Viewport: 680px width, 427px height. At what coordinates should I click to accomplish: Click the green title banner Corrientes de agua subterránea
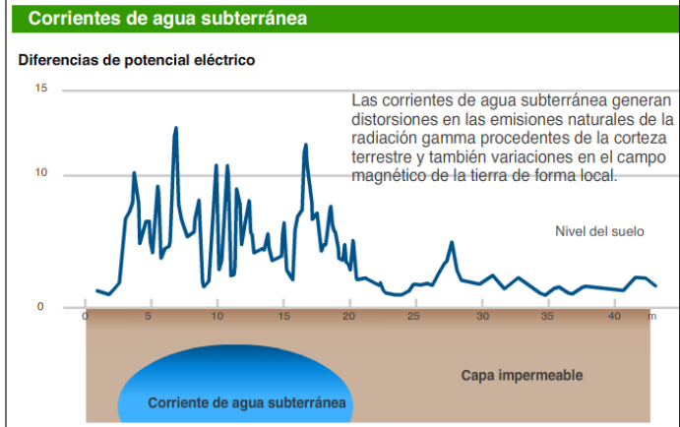[x=167, y=18]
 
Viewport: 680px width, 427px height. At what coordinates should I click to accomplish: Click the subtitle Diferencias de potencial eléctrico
[x=137, y=61]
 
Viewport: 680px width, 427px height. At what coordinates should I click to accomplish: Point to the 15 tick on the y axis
[x=41, y=89]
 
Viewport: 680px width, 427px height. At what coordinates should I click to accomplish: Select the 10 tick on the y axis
[x=41, y=174]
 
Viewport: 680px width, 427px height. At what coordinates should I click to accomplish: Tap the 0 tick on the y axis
[x=41, y=307]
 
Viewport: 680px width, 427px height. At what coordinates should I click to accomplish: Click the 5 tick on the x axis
[x=149, y=317]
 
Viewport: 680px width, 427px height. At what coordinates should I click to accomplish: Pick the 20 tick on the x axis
[x=349, y=317]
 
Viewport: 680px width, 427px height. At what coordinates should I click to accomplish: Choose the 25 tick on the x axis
[x=414, y=317]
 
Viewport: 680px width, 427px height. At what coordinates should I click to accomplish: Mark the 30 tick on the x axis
[x=482, y=317]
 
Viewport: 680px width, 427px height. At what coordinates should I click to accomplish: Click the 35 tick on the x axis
[x=548, y=317]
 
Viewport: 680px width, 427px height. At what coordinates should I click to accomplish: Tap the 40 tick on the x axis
[x=614, y=317]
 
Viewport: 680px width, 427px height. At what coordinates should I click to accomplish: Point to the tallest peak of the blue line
[x=175, y=128]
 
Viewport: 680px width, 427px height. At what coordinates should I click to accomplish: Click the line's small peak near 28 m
[x=452, y=243]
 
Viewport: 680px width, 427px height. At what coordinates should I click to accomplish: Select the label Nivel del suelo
[x=599, y=231]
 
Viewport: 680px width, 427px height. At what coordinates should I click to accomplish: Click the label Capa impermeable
[x=522, y=376]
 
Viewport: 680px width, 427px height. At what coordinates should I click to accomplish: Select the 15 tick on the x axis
[x=283, y=317]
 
